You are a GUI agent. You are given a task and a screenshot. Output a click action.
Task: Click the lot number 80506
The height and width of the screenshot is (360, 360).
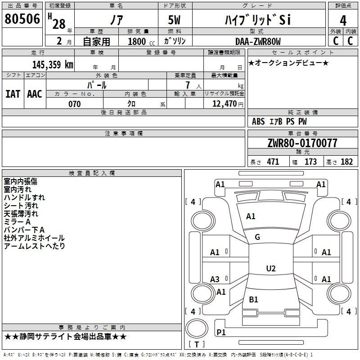tap(22, 19)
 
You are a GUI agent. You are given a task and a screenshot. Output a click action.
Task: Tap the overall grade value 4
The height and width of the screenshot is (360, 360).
tap(343, 21)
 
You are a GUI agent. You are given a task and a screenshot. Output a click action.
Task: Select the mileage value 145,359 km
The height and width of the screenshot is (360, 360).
tap(53, 64)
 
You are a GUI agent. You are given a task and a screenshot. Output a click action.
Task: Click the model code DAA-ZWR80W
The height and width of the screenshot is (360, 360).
tap(258, 41)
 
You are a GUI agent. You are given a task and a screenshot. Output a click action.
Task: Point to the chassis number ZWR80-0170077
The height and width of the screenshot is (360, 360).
tap(302, 143)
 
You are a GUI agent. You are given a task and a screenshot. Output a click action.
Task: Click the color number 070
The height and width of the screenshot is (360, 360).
tap(75, 104)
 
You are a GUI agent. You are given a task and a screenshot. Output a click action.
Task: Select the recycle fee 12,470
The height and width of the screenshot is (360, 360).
tap(224, 104)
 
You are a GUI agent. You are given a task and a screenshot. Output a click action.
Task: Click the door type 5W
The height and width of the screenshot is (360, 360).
tap(174, 20)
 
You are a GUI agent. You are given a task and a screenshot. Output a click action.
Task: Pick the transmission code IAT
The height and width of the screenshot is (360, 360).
tap(13, 94)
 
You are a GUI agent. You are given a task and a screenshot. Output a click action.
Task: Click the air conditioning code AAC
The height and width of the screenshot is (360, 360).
tap(35, 94)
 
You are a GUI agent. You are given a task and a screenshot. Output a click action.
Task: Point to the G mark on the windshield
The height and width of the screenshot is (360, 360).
tap(257, 237)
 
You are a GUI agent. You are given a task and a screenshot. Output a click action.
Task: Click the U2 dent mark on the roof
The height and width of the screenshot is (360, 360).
tap(271, 268)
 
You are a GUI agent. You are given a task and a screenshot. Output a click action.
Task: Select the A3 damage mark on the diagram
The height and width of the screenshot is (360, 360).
tap(215, 279)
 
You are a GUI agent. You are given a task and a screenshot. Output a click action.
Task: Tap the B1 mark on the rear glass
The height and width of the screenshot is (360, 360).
tap(253, 299)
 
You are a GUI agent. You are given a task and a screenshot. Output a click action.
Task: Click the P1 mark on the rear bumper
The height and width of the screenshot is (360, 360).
tap(221, 332)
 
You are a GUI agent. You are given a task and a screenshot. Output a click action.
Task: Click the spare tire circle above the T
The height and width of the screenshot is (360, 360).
tap(197, 328)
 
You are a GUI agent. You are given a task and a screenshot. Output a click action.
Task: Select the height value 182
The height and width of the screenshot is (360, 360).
tap(346, 162)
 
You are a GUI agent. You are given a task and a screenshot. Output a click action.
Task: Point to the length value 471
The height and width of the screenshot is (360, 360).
tap(273, 162)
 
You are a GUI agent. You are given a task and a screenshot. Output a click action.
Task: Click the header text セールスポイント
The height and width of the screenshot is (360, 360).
tap(302, 53)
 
